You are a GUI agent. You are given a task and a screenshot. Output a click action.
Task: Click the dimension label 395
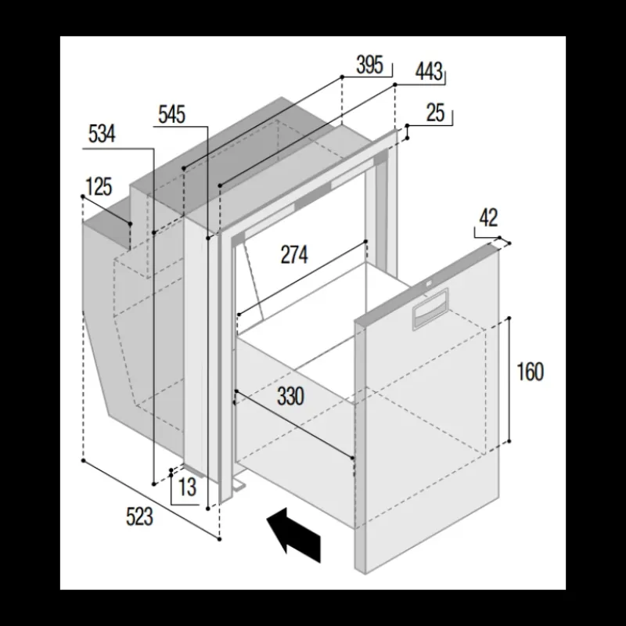[x=369, y=65]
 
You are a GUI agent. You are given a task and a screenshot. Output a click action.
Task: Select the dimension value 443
[x=429, y=72]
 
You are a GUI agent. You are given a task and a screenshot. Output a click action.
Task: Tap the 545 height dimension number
[x=172, y=114]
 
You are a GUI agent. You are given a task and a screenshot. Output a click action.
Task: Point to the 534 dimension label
[x=102, y=134]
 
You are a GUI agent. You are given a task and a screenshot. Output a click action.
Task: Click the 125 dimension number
[x=99, y=187]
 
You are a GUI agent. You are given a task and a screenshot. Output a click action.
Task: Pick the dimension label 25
[x=435, y=113]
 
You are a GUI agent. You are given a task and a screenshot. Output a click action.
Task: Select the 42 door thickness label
[x=488, y=218]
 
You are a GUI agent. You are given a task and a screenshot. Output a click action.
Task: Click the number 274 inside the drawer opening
[x=294, y=255]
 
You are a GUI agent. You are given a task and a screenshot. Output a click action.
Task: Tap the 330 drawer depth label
[x=290, y=397]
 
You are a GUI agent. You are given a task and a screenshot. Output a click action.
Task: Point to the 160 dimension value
[x=531, y=372]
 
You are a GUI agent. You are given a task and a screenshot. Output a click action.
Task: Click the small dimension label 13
[x=187, y=487]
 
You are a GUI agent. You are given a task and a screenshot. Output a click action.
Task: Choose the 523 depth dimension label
[x=139, y=516]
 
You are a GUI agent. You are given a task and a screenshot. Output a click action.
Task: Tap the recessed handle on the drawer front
[x=430, y=308]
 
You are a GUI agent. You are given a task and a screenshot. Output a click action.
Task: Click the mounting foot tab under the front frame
[x=239, y=484]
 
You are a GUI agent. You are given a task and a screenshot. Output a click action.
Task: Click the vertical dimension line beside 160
[x=509, y=380]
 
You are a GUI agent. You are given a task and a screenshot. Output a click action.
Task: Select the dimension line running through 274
[x=302, y=278]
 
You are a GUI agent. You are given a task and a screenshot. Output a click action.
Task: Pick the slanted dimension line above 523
[x=151, y=500]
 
